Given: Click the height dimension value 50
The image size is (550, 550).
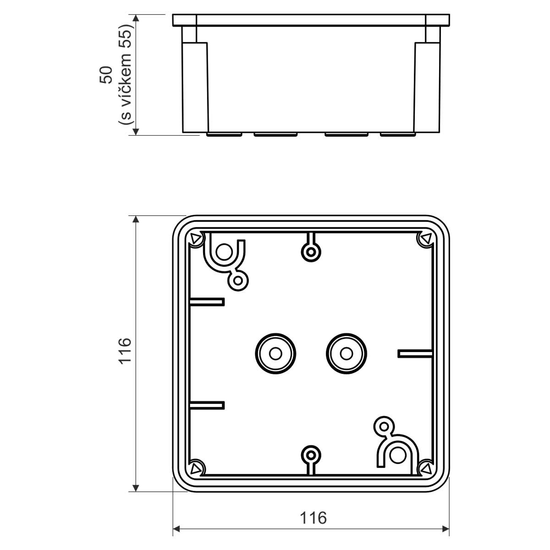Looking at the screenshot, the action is (x=105, y=75).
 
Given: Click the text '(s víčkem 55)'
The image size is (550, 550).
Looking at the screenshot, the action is (x=126, y=75).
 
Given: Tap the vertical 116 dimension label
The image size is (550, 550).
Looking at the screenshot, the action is (x=125, y=351).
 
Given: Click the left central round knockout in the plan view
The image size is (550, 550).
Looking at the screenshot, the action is (x=275, y=354).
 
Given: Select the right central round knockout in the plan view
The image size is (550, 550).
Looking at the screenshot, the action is (x=346, y=354).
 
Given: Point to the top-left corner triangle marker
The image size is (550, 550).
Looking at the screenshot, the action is (x=196, y=239).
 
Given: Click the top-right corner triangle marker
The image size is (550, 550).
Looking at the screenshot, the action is (x=426, y=238).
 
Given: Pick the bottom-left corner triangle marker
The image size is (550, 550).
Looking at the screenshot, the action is (x=196, y=468).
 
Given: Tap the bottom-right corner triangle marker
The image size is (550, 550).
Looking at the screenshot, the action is (x=426, y=468).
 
